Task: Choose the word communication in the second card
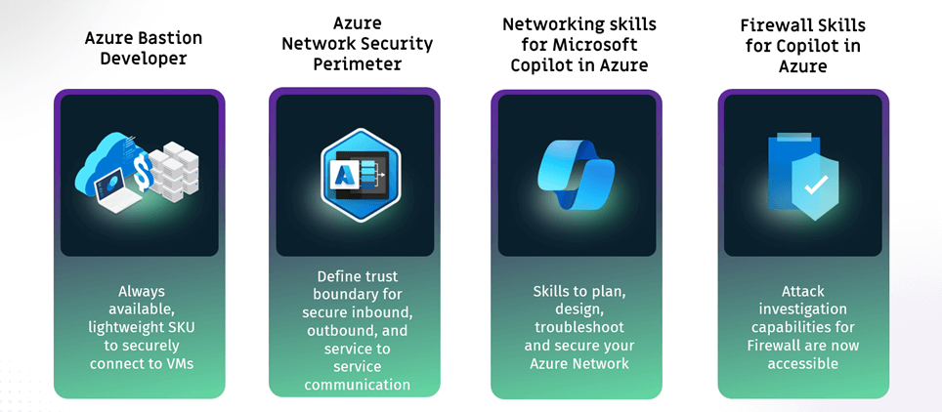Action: (357, 384)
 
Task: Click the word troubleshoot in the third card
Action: (578, 328)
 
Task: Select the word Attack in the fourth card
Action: (803, 291)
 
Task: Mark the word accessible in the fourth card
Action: (803, 363)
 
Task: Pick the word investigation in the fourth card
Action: (803, 309)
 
